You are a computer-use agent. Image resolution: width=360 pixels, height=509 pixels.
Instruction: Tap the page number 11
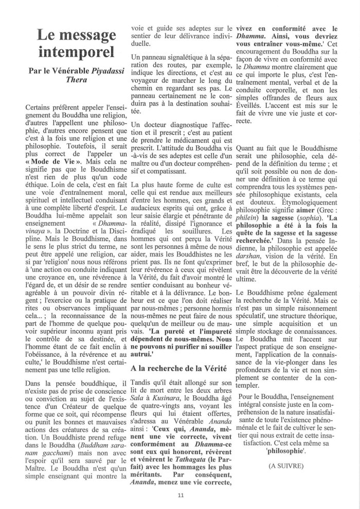point(180,495)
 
